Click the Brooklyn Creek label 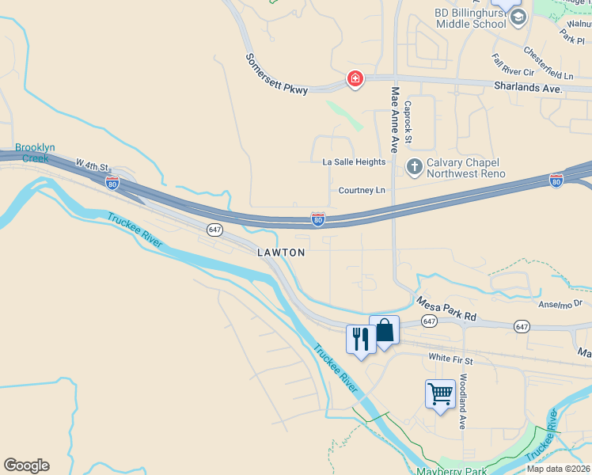[x=35, y=153]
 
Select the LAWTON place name [x=281, y=253]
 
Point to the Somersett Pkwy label [x=275, y=74]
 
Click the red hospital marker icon [x=355, y=78]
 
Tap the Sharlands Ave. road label [x=528, y=87]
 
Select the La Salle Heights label [x=354, y=162]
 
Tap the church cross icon [x=413, y=166]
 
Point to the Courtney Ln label [x=362, y=191]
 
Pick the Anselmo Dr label [x=560, y=303]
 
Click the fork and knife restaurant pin [x=361, y=339]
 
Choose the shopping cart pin [x=440, y=393]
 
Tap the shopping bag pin [x=385, y=329]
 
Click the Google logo [x=26, y=465]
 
